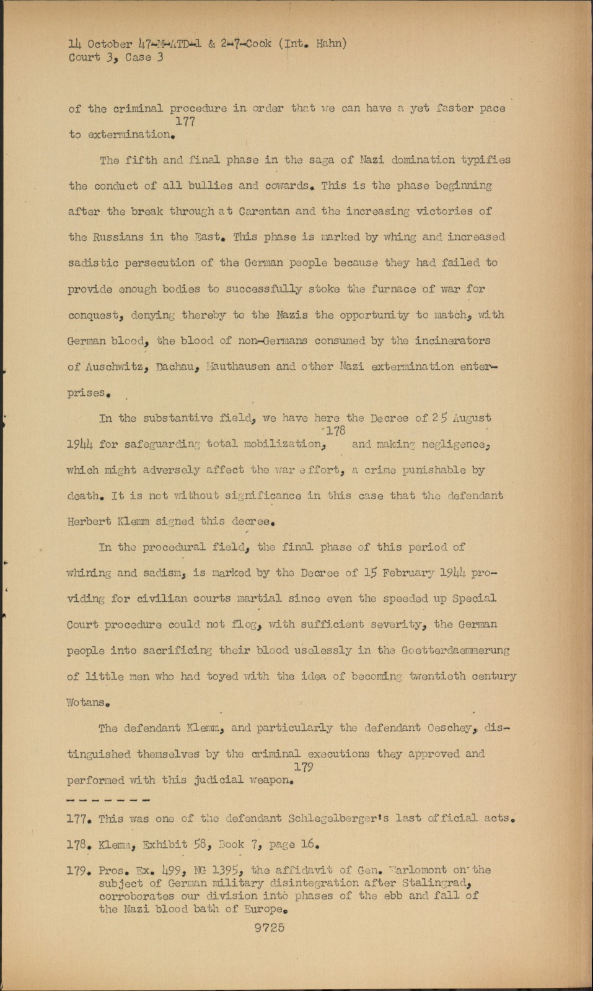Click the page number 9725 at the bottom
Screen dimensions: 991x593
[x=269, y=928]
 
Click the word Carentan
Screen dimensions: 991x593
[x=261, y=211]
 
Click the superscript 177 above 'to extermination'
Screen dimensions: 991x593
[x=185, y=122]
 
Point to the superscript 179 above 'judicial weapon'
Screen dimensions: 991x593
[x=304, y=767]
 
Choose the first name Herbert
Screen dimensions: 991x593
[x=89, y=522]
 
